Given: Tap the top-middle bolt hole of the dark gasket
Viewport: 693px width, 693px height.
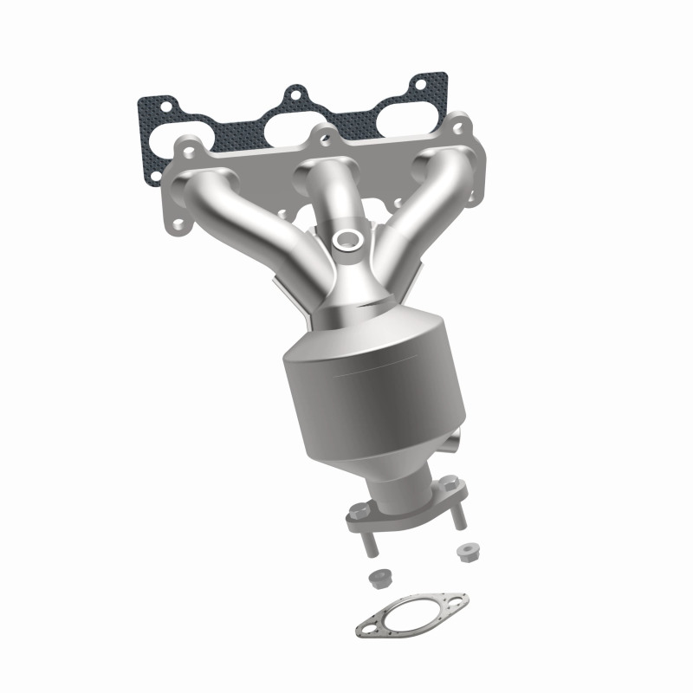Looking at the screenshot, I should (x=295, y=93).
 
